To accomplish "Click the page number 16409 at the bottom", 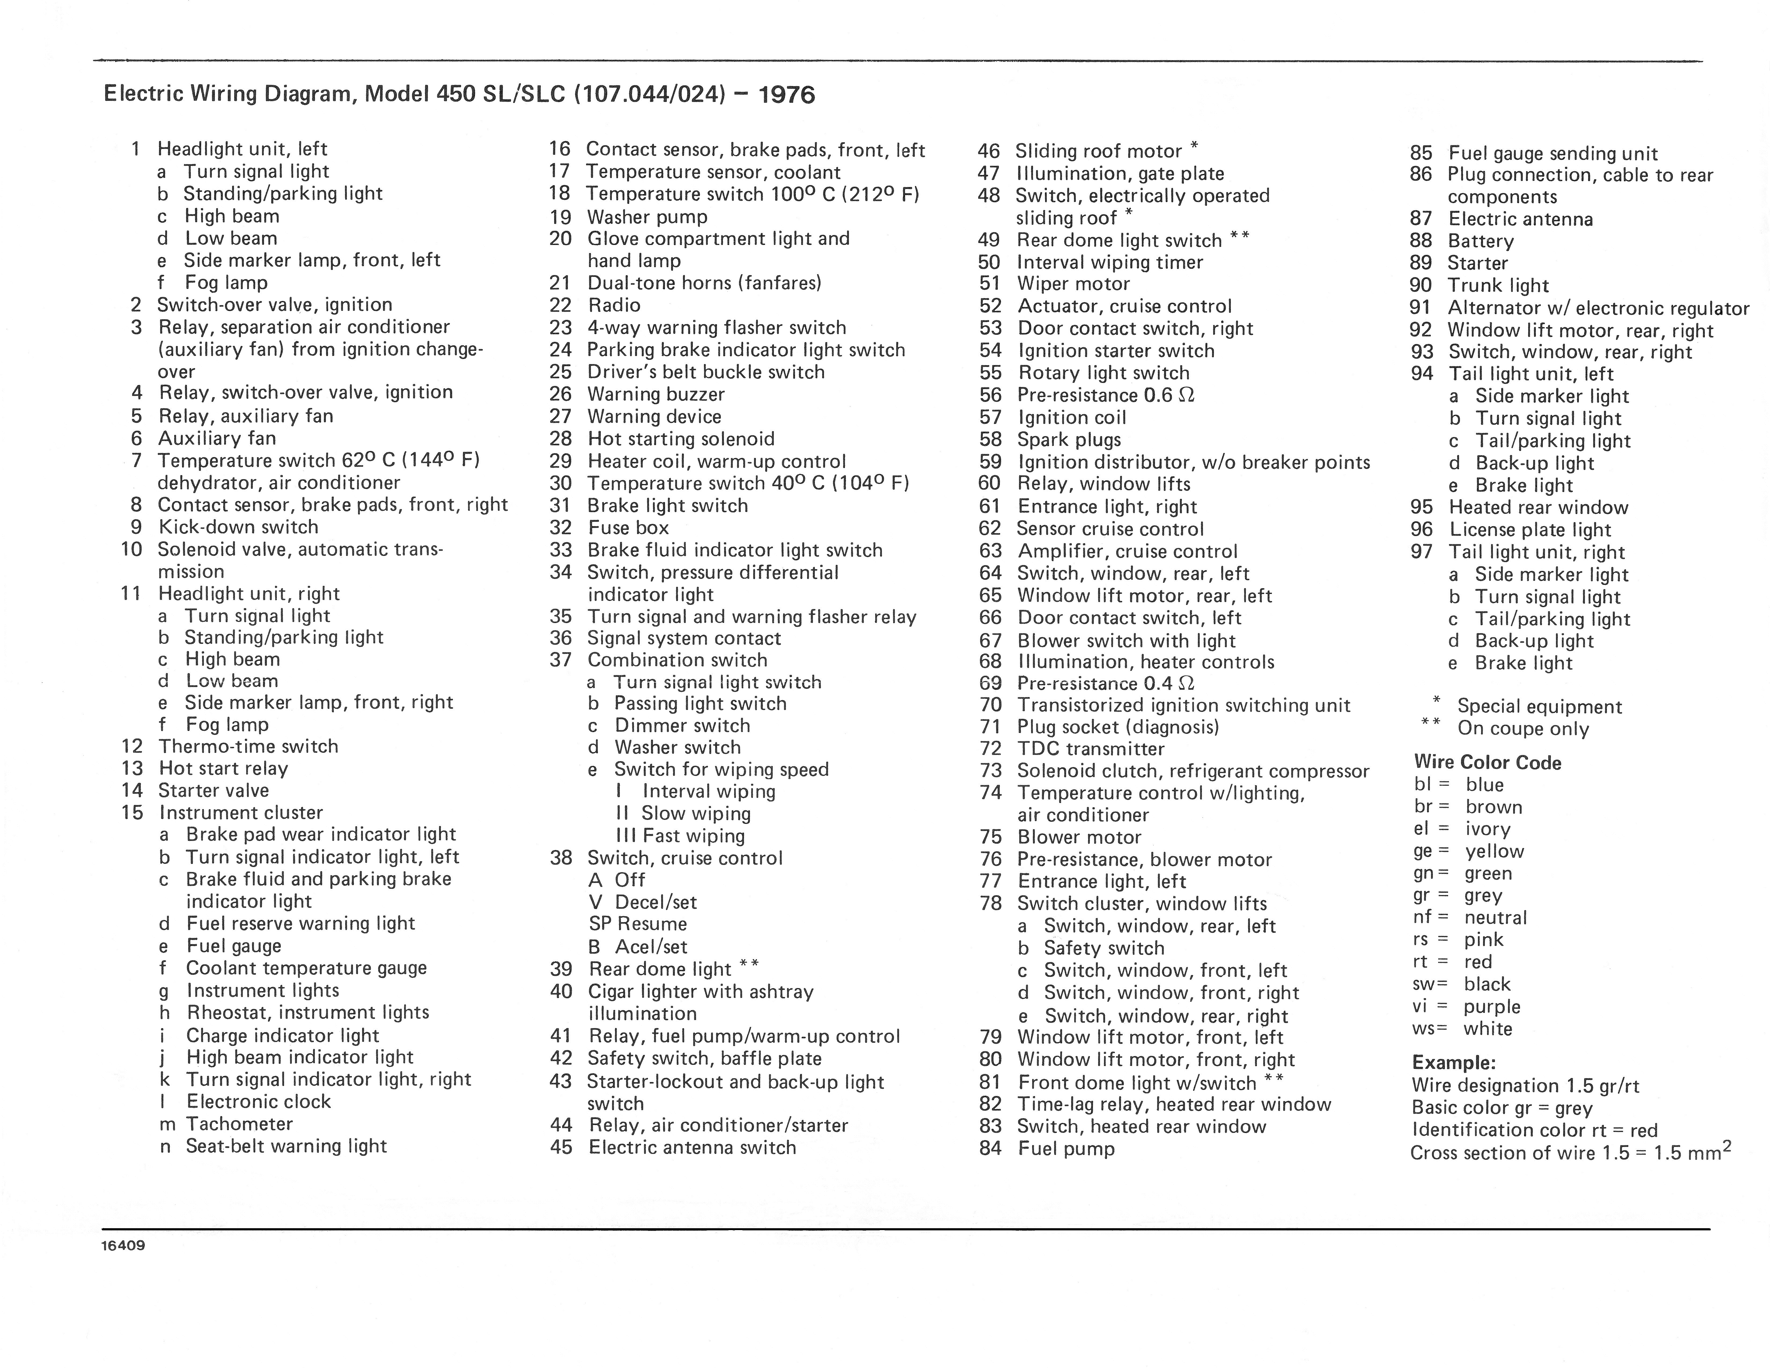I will (123, 1245).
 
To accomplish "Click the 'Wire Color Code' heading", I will (1487, 763).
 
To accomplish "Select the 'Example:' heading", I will (1453, 1062).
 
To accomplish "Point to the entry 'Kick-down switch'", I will (238, 527).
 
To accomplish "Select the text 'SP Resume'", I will (638, 924).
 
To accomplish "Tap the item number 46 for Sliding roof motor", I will (989, 152).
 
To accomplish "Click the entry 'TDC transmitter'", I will (1091, 749).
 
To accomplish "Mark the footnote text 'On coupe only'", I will (1523, 729).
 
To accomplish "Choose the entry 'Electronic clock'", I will (259, 1102).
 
